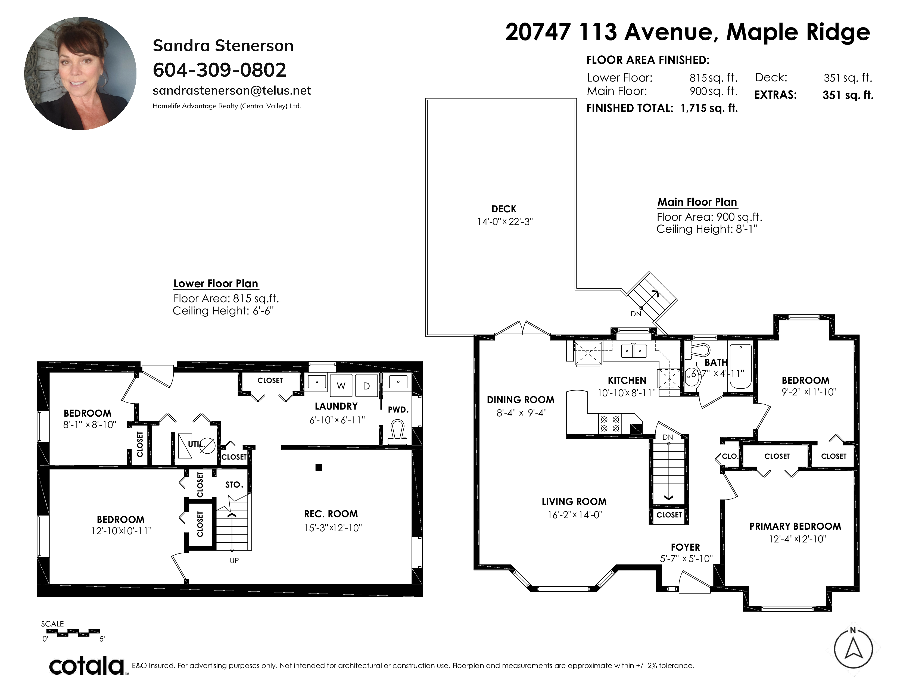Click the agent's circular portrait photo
(80, 73)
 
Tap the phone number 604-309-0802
(219, 70)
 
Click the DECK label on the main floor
(504, 209)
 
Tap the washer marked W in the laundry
(341, 386)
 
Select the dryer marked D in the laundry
(366, 386)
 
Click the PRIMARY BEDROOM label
(795, 526)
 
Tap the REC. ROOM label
(331, 514)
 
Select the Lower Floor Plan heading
(216, 284)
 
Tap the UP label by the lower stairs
(234, 560)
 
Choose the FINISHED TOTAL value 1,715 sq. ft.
(709, 108)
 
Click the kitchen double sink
(634, 351)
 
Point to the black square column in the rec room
(319, 467)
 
